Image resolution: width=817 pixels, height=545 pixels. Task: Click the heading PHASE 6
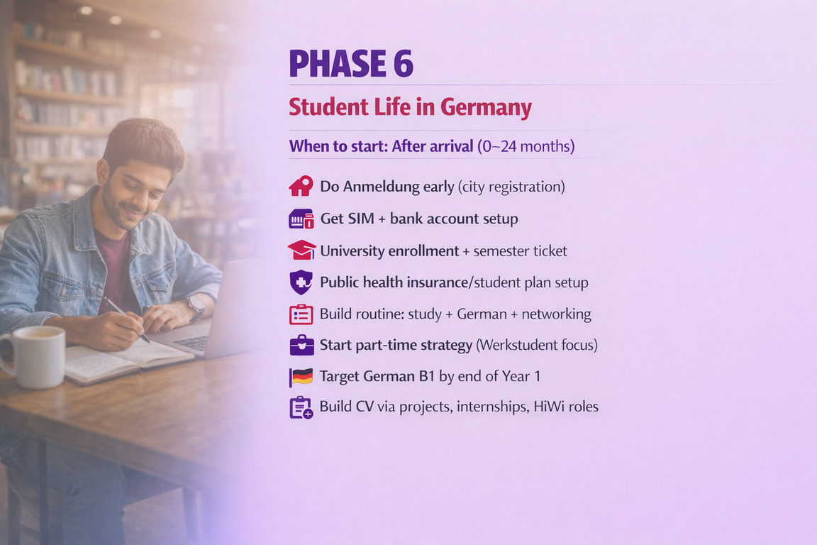351,64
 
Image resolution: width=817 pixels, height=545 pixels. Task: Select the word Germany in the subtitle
486,108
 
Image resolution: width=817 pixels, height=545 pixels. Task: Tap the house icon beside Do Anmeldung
301,186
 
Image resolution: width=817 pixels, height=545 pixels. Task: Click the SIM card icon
301,219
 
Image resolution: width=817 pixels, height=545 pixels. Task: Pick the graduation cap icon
301,251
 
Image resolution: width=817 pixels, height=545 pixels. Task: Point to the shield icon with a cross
301,282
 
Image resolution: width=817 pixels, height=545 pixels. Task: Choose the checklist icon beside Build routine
301,314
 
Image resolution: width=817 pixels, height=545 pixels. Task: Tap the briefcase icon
301,346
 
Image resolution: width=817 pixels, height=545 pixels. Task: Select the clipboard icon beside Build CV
301,408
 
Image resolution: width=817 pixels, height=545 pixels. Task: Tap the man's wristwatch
195,306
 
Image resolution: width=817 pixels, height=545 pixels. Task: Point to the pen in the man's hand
128,319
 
